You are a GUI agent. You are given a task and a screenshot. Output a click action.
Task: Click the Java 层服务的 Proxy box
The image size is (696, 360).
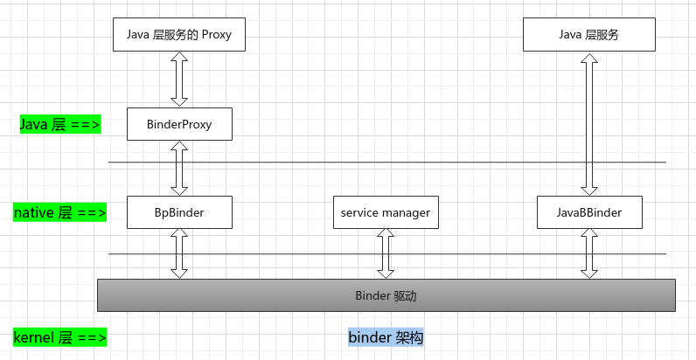tap(178, 34)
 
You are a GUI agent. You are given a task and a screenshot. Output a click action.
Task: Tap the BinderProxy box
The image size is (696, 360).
tap(179, 124)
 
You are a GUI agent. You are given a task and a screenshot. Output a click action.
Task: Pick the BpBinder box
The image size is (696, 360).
tap(179, 211)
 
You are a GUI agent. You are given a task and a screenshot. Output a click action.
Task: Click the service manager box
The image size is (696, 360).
tap(386, 211)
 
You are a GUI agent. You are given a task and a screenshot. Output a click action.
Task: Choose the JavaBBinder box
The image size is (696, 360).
tap(588, 211)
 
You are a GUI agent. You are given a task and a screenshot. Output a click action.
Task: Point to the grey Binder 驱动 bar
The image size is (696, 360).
tap(386, 295)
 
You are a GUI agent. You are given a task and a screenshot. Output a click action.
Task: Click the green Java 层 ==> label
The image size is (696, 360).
tap(60, 125)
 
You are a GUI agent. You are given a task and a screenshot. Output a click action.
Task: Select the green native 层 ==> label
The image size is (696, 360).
tap(60, 212)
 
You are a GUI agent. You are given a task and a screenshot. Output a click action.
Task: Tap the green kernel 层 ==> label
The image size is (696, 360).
tap(60, 337)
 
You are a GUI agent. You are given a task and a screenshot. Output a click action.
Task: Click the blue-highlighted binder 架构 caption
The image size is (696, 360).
tap(386, 337)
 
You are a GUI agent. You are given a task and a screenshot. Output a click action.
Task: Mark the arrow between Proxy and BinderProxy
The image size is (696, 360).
tap(179, 79)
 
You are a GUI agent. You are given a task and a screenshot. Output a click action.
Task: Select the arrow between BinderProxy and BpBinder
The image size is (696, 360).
tap(179, 168)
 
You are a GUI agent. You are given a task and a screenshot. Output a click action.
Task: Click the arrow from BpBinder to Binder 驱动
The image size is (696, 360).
tap(179, 253)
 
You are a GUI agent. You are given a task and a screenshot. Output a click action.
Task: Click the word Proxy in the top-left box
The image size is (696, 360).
tap(218, 35)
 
